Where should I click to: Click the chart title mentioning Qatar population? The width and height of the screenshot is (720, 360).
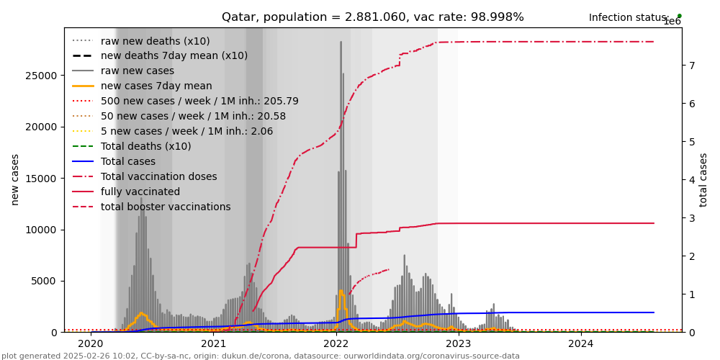pyautogui.click(x=372, y=17)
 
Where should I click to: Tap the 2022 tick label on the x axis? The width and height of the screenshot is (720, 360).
pyautogui.click(x=336, y=343)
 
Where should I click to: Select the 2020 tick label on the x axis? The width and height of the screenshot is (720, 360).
pyautogui.click(x=91, y=343)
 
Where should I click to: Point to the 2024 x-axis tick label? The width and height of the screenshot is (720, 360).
pyautogui.click(x=581, y=343)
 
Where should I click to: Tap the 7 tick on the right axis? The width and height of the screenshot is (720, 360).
pyautogui.click(x=691, y=66)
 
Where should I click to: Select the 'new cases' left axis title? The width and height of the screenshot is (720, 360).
pyautogui.click(x=15, y=179)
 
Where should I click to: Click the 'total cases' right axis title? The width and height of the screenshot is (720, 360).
pyautogui.click(x=703, y=179)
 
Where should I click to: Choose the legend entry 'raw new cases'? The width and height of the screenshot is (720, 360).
pyautogui.click(x=138, y=71)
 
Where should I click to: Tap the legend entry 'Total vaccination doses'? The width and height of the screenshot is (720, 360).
pyautogui.click(x=158, y=176)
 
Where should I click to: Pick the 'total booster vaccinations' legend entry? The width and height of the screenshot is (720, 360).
pyautogui.click(x=166, y=207)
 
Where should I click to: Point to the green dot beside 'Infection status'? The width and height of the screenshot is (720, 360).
pyautogui.click(x=679, y=16)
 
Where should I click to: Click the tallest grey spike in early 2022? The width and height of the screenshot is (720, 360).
pyautogui.click(x=341, y=43)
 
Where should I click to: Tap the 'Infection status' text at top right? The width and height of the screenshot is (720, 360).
pyautogui.click(x=629, y=18)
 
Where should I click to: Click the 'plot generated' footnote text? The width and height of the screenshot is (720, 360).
pyautogui.click(x=260, y=356)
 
